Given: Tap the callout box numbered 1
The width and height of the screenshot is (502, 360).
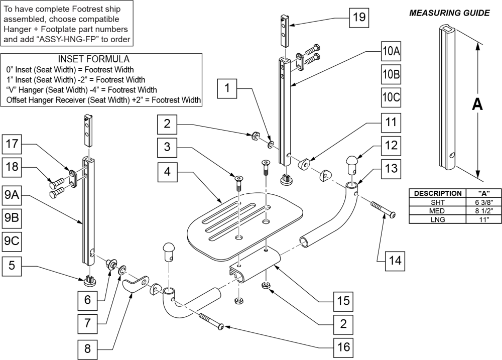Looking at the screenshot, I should pyautogui.click(x=227, y=90).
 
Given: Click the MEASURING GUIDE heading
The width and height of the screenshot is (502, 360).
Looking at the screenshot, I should pyautogui.click(x=449, y=13).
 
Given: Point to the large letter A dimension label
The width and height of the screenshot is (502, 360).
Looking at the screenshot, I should pyautogui.click(x=477, y=104).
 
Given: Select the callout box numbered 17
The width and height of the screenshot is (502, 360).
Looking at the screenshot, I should pyautogui.click(x=12, y=144).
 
